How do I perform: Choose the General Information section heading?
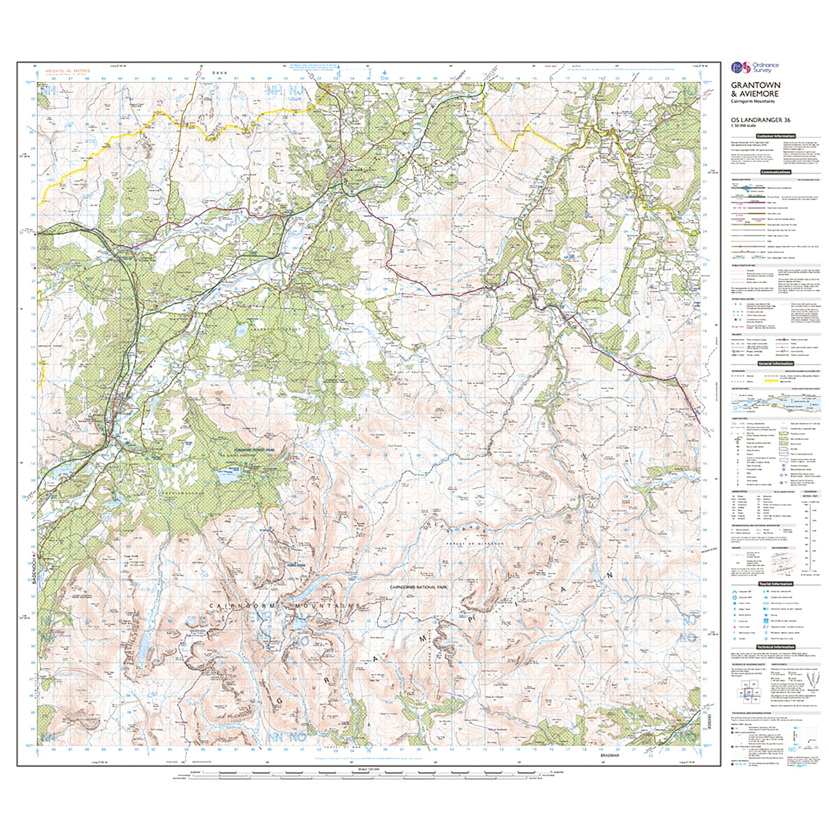coord(776,364)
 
